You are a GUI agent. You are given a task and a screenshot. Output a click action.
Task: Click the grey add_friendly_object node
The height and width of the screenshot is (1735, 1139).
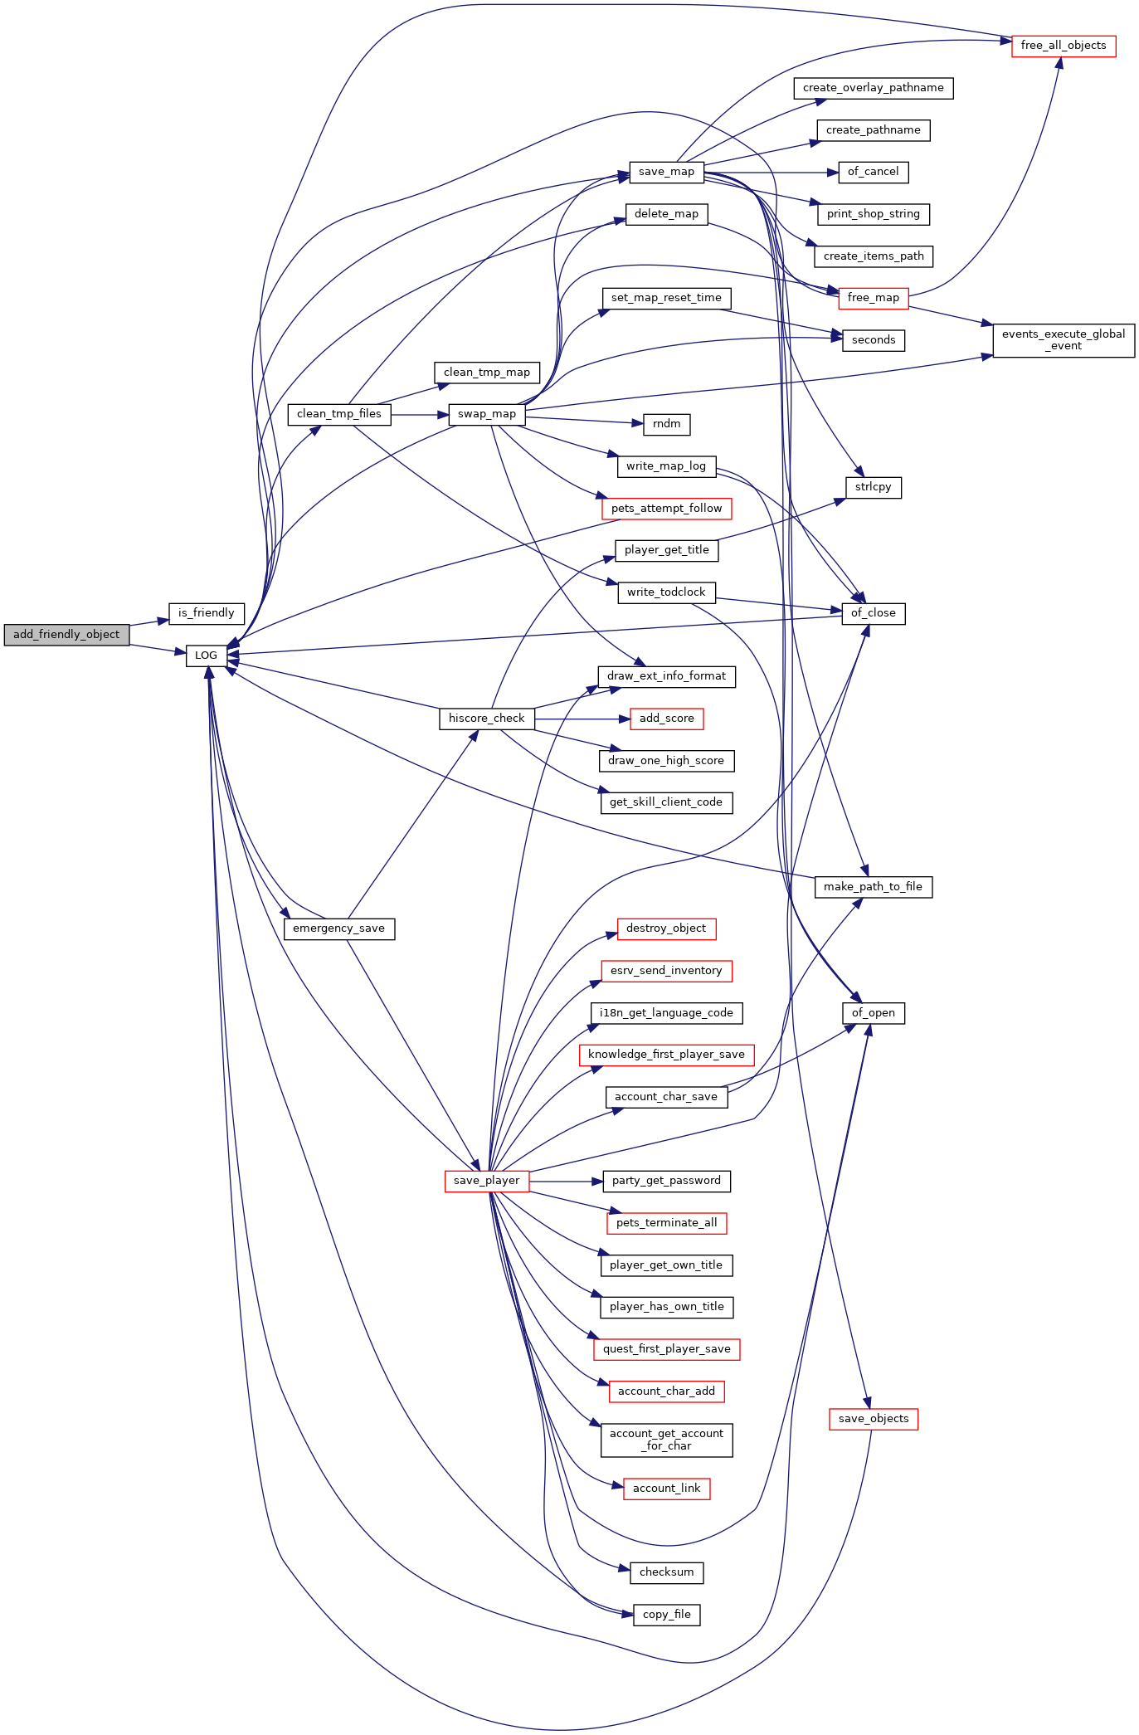pos(66,635)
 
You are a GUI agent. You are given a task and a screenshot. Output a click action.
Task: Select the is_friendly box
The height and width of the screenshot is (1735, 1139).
pos(207,613)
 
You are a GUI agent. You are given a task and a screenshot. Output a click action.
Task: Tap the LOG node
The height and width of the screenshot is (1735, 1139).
pos(207,655)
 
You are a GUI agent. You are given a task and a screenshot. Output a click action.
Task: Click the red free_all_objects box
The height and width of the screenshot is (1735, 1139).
pos(1064,46)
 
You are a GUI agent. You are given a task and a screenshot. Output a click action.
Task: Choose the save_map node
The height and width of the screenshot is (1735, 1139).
pos(667,172)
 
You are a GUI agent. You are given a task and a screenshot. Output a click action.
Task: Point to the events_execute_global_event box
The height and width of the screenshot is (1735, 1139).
pos(1064,340)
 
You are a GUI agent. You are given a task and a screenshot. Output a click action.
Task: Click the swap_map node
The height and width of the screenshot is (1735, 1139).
pos(487,414)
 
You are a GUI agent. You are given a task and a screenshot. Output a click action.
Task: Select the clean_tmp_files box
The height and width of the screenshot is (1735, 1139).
pos(339,414)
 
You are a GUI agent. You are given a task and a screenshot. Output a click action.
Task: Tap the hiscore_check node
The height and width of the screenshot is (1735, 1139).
pos(487,719)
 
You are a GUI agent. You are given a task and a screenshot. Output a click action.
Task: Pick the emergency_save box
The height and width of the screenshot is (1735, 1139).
pos(339,928)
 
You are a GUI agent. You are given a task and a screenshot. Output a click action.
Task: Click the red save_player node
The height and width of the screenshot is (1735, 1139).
pos(487,1181)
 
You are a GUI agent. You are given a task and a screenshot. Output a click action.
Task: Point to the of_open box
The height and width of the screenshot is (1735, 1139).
pos(874,1013)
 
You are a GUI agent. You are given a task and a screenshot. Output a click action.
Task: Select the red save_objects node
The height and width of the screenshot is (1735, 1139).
pos(874,1419)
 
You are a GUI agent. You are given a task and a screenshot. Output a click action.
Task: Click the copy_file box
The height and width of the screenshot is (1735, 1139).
pos(667,1615)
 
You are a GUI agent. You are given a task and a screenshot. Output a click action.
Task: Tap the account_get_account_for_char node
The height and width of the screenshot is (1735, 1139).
pos(667,1440)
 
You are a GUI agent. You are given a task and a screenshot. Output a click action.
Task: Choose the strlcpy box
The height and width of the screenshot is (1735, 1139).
pos(874,487)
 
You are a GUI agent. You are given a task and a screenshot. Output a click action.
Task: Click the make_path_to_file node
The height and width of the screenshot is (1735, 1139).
pos(874,887)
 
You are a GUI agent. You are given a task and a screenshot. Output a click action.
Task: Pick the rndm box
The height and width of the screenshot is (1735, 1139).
pos(667,424)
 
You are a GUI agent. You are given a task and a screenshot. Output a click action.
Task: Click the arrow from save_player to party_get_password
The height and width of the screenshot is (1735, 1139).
pos(566,1181)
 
